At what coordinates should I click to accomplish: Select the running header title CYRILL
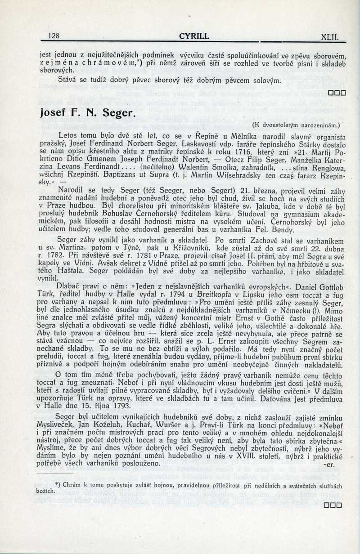(193, 36)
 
